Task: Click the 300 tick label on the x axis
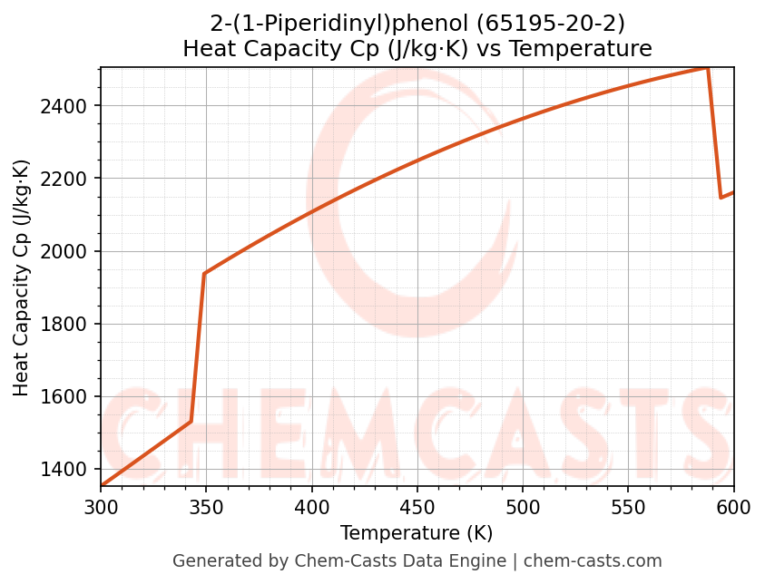[x=101, y=507]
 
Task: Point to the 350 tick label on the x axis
[x=206, y=507]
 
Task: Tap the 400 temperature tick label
[x=312, y=507]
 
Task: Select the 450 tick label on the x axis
[x=417, y=507]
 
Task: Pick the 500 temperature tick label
[x=523, y=507]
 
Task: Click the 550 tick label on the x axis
[x=629, y=507]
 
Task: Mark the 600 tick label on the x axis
[x=734, y=507]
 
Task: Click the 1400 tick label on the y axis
[x=70, y=470]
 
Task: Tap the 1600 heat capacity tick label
[x=70, y=397]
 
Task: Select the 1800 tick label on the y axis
[x=70, y=325]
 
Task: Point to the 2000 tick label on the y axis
[x=70, y=252]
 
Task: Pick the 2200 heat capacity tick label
[x=70, y=180]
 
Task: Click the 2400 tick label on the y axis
[x=70, y=107]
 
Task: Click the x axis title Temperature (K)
[x=417, y=533]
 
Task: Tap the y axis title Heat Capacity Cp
[x=22, y=277]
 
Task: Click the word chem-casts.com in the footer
[x=593, y=561]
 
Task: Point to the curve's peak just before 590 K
[x=708, y=68]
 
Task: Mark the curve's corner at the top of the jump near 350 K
[x=204, y=273]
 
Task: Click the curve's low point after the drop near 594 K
[x=721, y=198]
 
